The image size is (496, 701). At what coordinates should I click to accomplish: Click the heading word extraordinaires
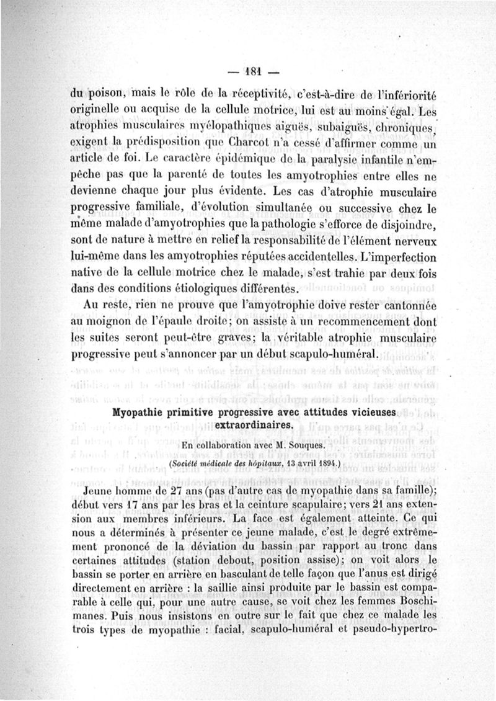(251, 426)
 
